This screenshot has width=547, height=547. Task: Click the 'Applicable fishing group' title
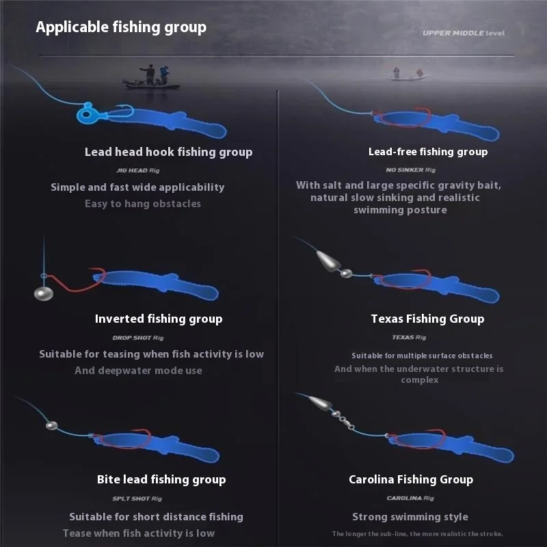coord(121,27)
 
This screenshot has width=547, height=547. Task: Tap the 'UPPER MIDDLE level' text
coord(464,33)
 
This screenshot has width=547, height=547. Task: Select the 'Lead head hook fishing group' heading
coord(168,152)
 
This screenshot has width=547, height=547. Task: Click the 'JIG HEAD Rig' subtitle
coord(138,170)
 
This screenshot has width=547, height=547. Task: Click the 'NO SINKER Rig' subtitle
coord(411,170)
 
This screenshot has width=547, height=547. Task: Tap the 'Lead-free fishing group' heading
coord(428,152)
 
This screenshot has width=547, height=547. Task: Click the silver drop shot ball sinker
coord(44,293)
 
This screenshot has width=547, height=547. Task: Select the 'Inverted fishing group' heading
coord(159,319)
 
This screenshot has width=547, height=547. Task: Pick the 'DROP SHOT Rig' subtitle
coord(138,338)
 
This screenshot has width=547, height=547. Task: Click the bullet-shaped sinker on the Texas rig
coord(329,261)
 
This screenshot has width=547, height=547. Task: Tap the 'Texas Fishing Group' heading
coord(428,319)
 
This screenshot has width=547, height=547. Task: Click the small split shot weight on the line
coord(52,425)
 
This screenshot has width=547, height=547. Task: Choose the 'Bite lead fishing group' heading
coord(161,480)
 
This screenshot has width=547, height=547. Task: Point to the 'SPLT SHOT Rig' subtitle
coord(137,498)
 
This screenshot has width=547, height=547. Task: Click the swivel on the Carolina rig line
coord(343,420)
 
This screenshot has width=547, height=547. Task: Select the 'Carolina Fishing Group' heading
coord(411,480)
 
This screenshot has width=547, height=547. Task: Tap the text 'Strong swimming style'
coord(410,517)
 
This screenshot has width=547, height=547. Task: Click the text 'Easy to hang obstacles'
coord(143,204)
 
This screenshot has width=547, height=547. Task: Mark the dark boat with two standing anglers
coord(151,78)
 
